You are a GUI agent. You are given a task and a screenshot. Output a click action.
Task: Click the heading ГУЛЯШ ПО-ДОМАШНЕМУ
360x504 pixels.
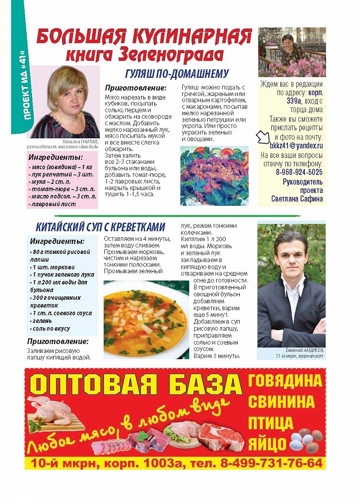pyautogui.click(x=177, y=74)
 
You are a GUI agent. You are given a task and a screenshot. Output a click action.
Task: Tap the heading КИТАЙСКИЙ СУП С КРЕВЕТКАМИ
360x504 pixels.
pyautogui.click(x=100, y=227)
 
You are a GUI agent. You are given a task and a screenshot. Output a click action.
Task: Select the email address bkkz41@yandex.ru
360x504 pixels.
pyautogui.click(x=296, y=146)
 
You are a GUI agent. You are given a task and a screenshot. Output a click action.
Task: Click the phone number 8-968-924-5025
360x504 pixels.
pyautogui.click(x=299, y=172)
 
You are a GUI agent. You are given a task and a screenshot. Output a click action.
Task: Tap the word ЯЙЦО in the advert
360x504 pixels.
pyautogui.click(x=267, y=443)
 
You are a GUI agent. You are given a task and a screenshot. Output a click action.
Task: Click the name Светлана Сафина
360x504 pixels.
pyautogui.click(x=297, y=199)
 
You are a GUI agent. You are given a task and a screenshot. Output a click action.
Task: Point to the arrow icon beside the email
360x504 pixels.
pyautogui.click(x=262, y=139)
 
